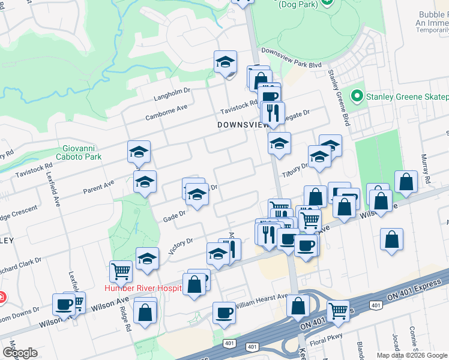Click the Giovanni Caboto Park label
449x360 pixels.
click(x=82, y=152)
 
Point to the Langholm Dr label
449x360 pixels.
click(x=172, y=93)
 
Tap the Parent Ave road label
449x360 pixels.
click(x=98, y=185)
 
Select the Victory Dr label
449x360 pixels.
click(x=180, y=245)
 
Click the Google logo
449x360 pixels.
click(x=20, y=353)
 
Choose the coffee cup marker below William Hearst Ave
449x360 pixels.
click(x=224, y=313)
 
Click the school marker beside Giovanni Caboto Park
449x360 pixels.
click(x=139, y=152)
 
